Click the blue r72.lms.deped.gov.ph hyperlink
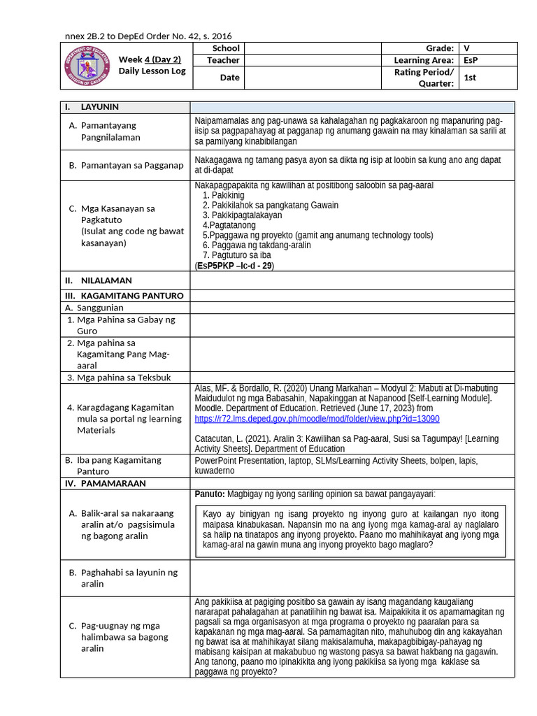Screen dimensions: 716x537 pyautogui.click(x=317, y=419)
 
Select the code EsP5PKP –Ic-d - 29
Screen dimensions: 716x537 pyautogui.click(x=235, y=266)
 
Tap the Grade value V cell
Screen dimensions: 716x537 pyautogui.click(x=466, y=48)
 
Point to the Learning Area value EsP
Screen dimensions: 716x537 pyautogui.click(x=470, y=61)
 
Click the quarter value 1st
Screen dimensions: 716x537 pyautogui.click(x=470, y=78)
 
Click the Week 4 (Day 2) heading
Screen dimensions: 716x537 pyautogui.click(x=150, y=59)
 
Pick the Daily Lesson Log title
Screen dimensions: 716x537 pyautogui.click(x=152, y=71)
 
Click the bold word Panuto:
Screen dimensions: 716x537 pyautogui.click(x=210, y=494)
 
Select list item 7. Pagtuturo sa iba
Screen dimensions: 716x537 pyautogui.click(x=236, y=255)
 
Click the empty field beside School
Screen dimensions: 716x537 pyautogui.click(x=313, y=48)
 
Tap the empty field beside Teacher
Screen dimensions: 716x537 pyautogui.click(x=313, y=61)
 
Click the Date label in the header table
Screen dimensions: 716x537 pyautogui.click(x=229, y=78)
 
